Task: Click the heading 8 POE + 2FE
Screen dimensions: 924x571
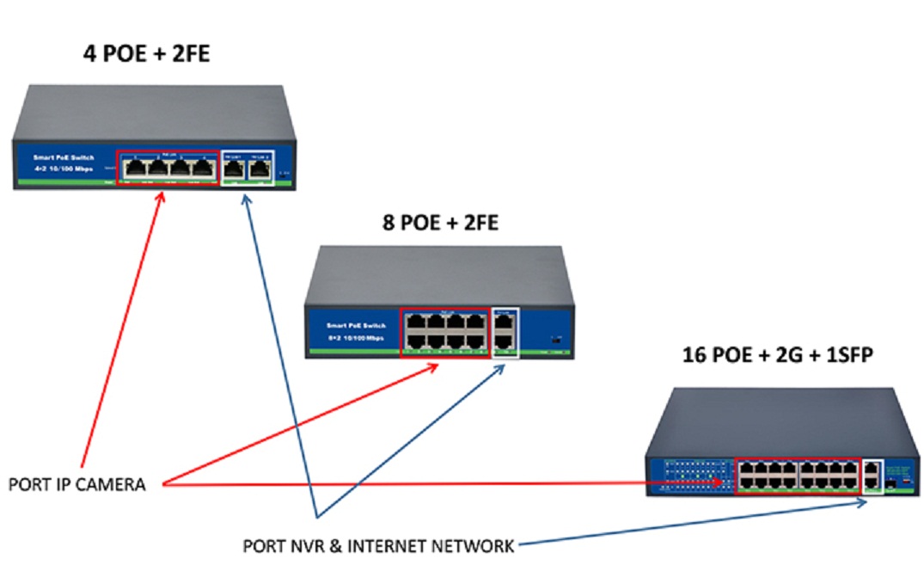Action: coord(440,224)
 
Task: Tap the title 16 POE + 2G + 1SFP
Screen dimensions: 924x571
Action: coord(778,354)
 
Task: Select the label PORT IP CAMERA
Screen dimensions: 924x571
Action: coord(77,484)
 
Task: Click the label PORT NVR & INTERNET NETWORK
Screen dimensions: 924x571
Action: coord(379,545)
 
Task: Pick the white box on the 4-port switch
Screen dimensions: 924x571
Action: coord(247,168)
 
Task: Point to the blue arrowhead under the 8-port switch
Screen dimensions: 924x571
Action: coord(499,367)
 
